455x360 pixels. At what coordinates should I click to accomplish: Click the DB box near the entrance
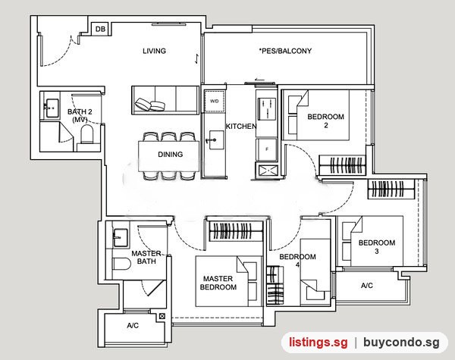click(100, 29)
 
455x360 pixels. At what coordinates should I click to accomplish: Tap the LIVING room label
click(155, 51)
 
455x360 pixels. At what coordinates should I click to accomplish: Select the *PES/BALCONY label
click(285, 51)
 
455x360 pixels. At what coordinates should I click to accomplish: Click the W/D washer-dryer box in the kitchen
click(215, 101)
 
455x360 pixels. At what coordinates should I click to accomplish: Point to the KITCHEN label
click(241, 126)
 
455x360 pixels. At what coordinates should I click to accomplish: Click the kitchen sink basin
click(216, 140)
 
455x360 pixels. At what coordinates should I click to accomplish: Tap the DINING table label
click(171, 155)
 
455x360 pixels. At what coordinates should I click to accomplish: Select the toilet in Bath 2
click(87, 134)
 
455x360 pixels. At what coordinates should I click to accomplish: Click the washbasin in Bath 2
click(52, 108)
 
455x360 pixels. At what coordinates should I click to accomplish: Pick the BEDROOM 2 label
click(326, 121)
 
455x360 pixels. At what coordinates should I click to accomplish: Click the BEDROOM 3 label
click(377, 247)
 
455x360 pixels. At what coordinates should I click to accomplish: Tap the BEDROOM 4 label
click(298, 261)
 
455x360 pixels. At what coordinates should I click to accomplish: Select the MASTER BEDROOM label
click(218, 283)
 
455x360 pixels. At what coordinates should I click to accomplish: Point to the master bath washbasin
click(120, 238)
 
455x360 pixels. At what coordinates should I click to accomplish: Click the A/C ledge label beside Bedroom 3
click(367, 286)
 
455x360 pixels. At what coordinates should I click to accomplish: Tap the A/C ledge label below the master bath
click(133, 325)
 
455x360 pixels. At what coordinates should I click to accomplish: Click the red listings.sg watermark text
click(318, 343)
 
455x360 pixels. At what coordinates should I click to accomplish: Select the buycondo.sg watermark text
click(401, 343)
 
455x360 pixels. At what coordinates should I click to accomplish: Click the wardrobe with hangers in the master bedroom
click(236, 231)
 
